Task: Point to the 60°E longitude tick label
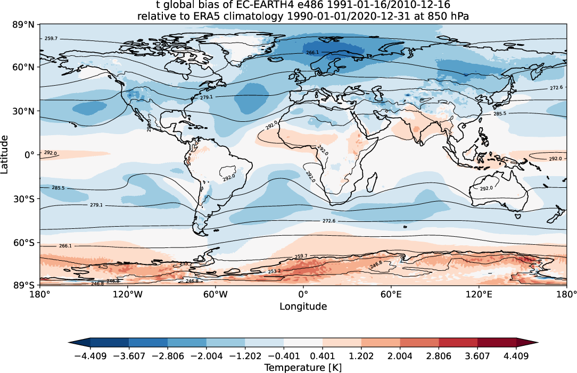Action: point(391,294)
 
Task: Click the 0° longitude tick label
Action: point(303,294)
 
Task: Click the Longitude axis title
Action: point(303,306)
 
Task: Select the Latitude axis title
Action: point(5,154)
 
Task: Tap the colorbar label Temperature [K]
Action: point(303,367)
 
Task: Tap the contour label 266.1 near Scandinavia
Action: point(313,53)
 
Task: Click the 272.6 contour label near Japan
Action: point(556,88)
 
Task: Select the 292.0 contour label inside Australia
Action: point(487,188)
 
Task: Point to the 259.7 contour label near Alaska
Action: point(52,39)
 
